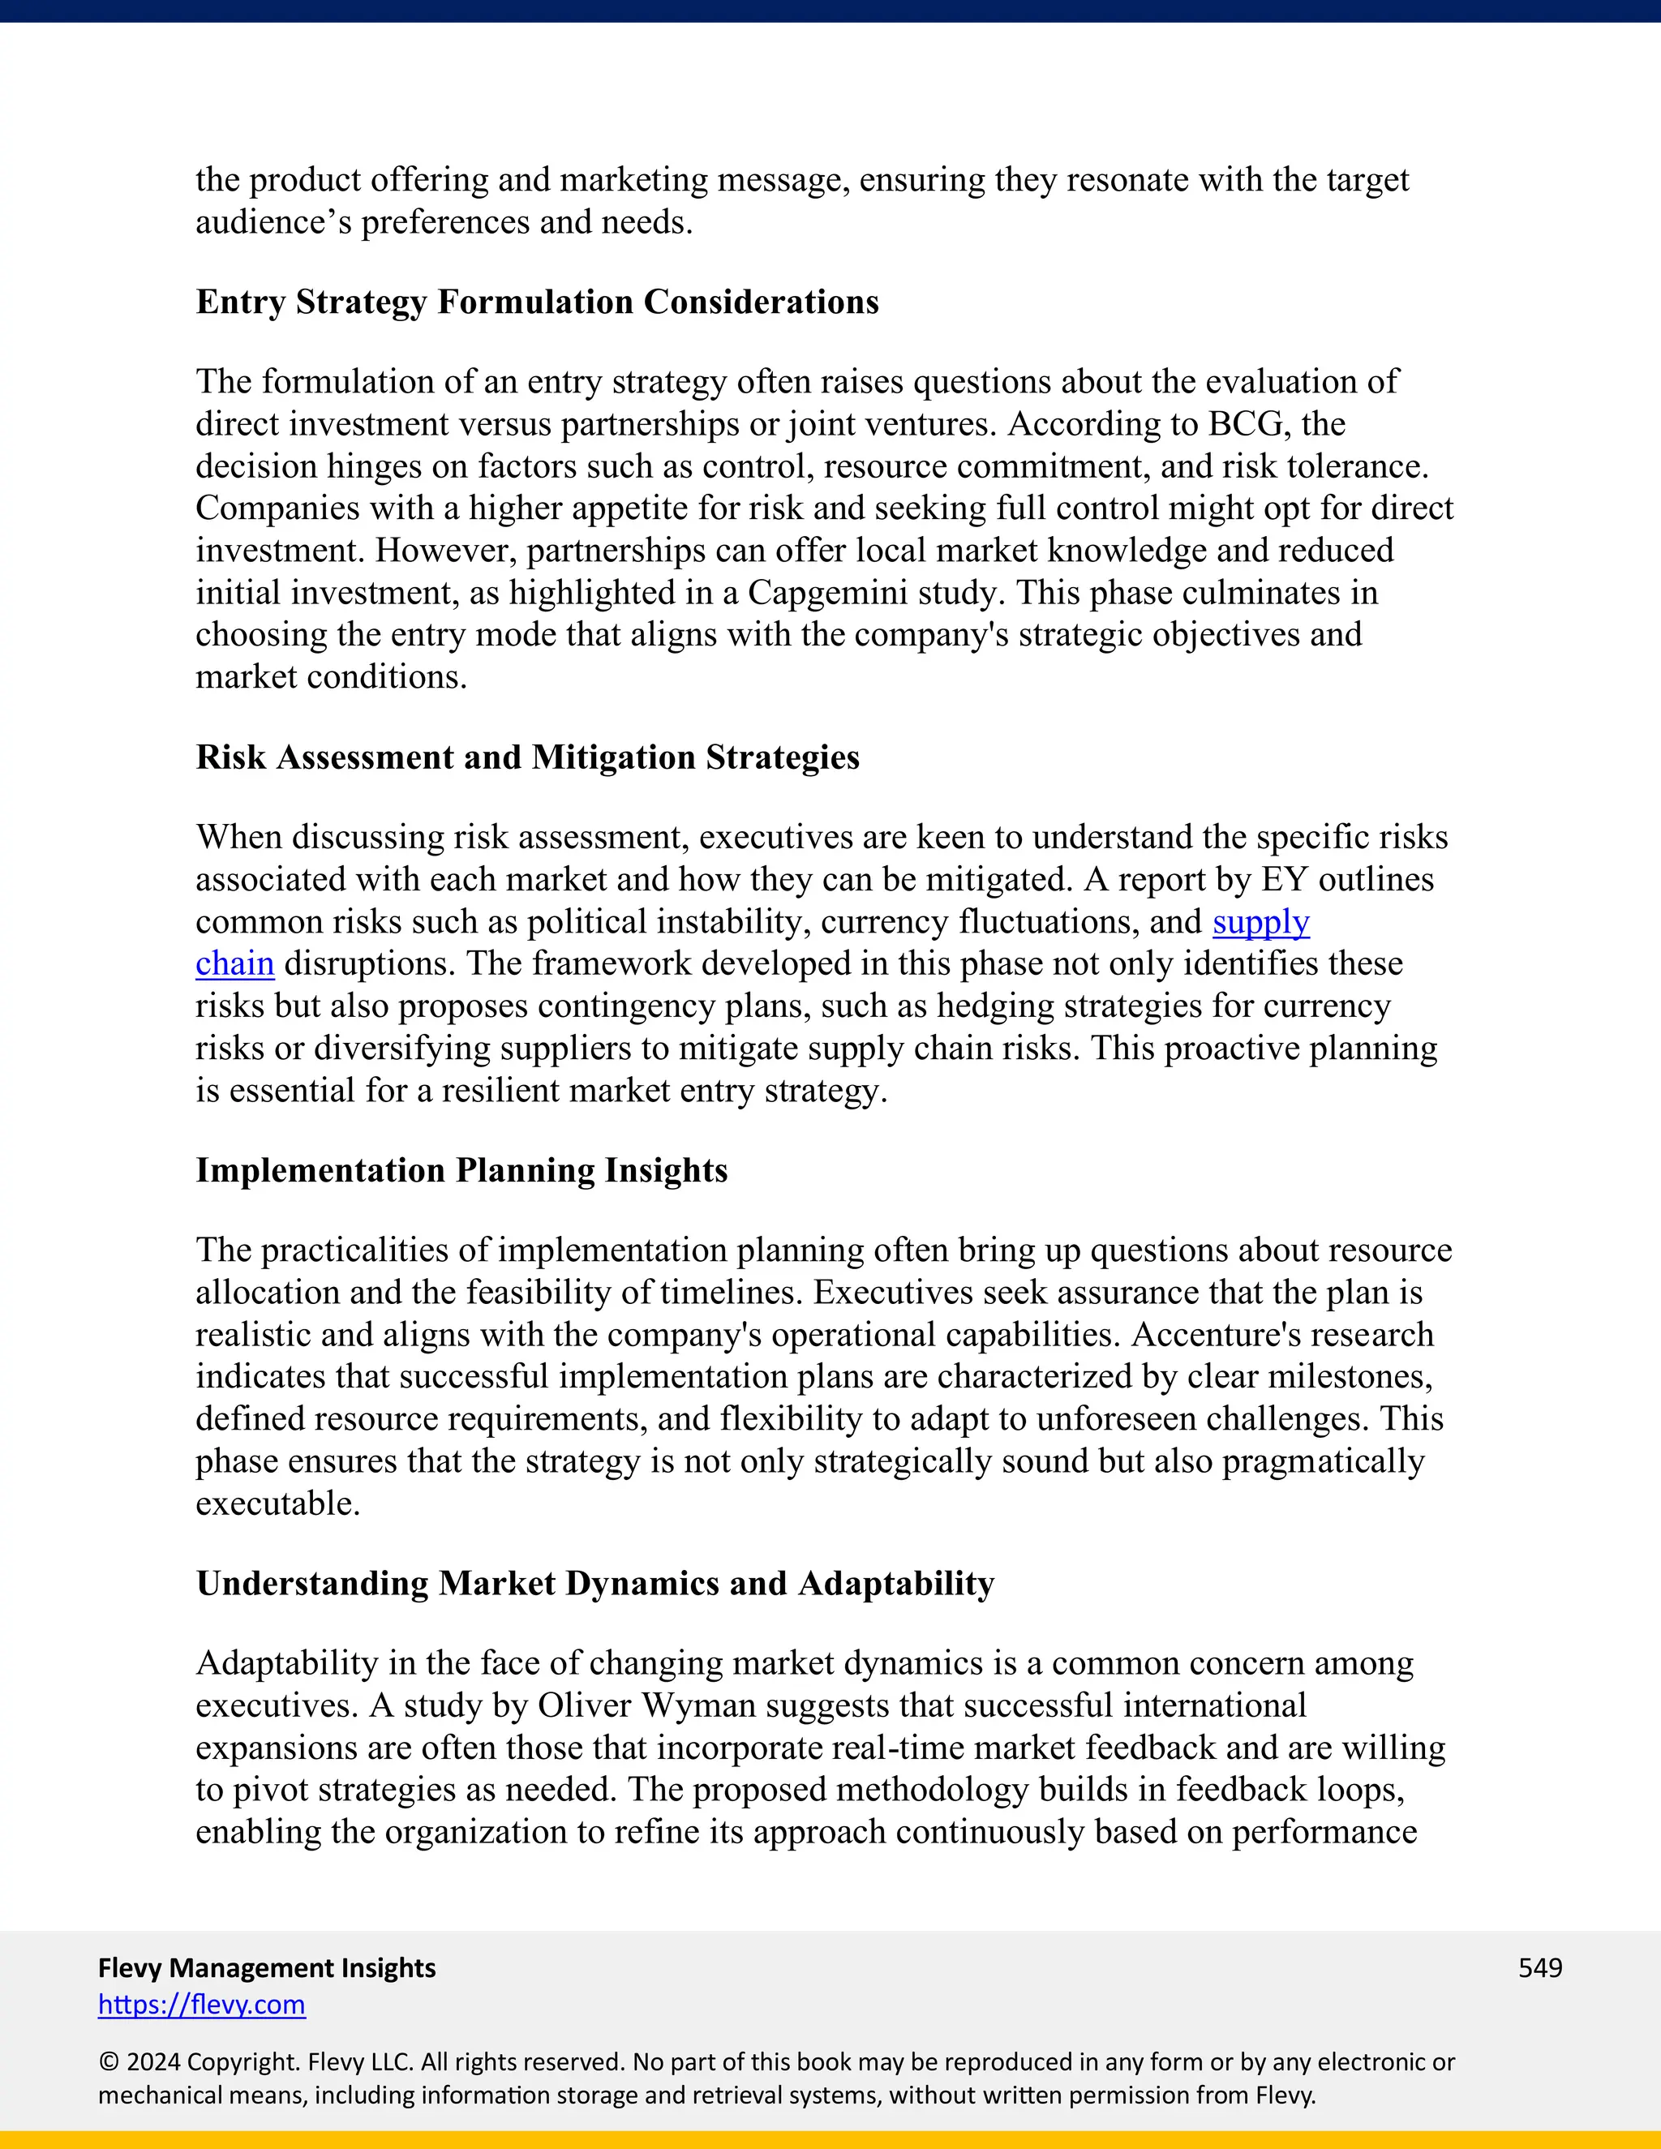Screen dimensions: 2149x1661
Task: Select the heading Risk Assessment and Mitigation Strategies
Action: (527, 757)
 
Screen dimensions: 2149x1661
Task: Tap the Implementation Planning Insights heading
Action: (461, 1170)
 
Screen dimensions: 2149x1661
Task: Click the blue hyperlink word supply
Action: (1260, 922)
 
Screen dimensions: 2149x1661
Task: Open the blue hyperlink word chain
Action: (234, 964)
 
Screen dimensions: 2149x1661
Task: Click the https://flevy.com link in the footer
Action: (202, 2005)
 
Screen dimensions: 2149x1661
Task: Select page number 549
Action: (1540, 1967)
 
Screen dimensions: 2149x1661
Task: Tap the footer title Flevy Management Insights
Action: (267, 1967)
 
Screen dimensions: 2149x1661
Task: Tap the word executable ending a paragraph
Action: (277, 1503)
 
